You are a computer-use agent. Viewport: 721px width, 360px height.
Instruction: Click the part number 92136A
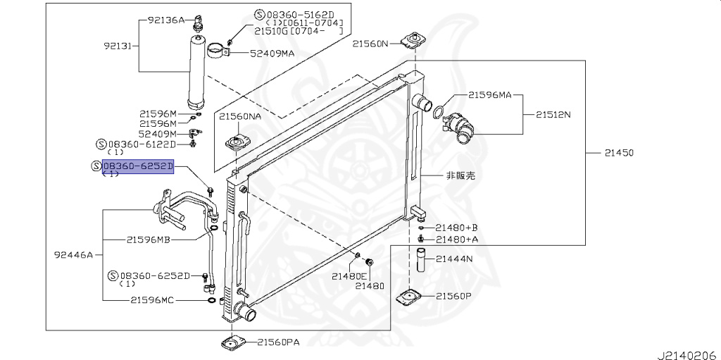[x=167, y=20]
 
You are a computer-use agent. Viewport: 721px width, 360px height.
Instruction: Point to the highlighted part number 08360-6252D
[x=137, y=166]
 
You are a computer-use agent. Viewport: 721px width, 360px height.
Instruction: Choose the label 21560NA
[x=239, y=117]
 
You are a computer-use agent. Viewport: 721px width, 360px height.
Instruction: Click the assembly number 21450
[x=618, y=152]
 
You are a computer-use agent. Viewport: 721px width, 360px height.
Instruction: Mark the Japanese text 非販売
[x=460, y=175]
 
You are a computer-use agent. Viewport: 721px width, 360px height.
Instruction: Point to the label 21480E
[x=350, y=275]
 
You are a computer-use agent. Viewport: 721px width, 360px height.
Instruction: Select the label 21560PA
[x=278, y=342]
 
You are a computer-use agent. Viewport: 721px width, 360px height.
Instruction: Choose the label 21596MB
[x=149, y=240]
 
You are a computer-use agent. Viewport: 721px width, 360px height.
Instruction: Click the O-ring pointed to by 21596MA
[x=437, y=111]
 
